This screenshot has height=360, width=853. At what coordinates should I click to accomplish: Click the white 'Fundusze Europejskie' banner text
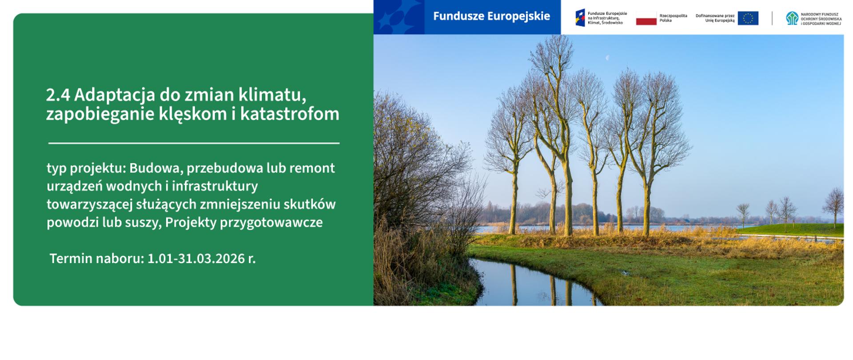[x=491, y=16]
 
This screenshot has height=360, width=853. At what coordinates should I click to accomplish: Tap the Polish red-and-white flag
[x=646, y=19]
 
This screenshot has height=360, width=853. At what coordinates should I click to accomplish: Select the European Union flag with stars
[x=748, y=18]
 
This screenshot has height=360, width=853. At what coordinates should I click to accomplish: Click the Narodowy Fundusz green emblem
[x=792, y=18]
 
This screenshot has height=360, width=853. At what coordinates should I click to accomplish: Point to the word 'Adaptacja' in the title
[x=114, y=95]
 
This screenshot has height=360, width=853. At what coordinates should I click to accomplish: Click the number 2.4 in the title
[x=58, y=95]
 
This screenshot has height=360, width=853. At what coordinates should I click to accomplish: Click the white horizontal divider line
[x=194, y=143]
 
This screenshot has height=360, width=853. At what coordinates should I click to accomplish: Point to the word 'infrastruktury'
[x=215, y=186]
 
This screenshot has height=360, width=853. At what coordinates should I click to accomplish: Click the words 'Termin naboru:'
[x=97, y=259]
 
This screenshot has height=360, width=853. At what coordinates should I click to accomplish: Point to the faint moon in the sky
[x=607, y=58]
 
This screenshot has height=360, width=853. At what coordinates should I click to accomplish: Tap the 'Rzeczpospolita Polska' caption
[x=673, y=18]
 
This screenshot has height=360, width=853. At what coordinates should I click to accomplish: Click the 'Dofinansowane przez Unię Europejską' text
[x=715, y=18]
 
